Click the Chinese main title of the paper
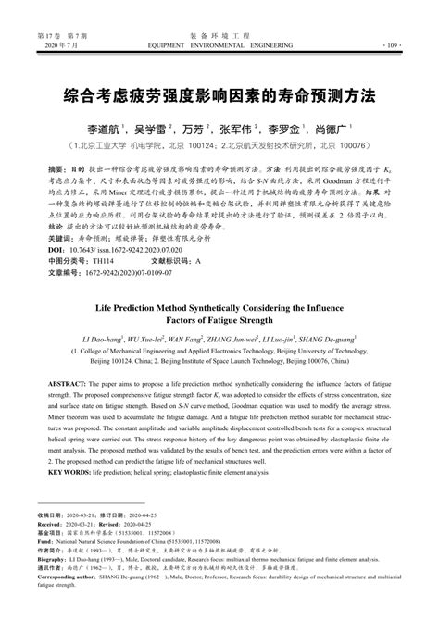point(219,95)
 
